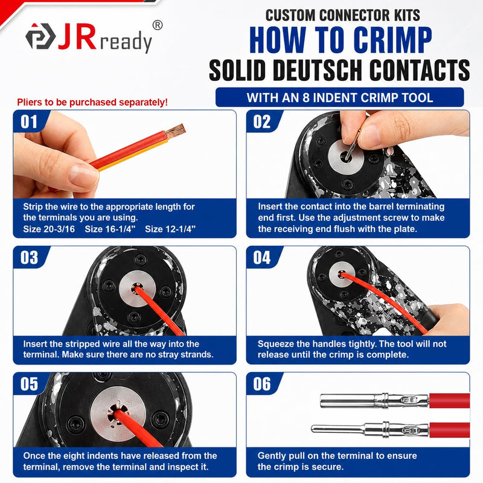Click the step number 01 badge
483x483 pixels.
(29, 122)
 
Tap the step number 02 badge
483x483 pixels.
(262, 122)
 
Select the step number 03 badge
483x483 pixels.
(29, 258)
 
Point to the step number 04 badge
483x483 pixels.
(262, 258)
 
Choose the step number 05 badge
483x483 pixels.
(29, 384)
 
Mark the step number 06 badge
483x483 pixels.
(262, 384)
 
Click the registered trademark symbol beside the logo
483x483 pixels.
(158, 25)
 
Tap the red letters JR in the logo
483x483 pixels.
(77, 36)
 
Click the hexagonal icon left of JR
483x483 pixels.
(40, 36)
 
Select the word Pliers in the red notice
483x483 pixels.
(29, 102)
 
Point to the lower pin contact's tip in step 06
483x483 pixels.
(312, 428)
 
